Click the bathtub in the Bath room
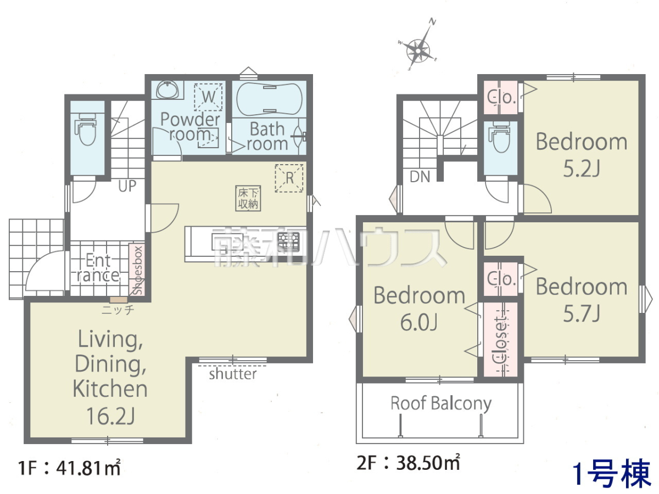[x=269, y=99]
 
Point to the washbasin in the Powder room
[x=167, y=89]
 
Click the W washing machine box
[x=208, y=97]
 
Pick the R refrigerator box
[x=289, y=178]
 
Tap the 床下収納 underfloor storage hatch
[x=248, y=198]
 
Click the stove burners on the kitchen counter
[x=288, y=242]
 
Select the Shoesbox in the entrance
[x=137, y=270]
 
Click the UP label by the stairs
[x=127, y=186]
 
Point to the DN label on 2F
[x=420, y=177]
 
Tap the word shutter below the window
[x=233, y=374]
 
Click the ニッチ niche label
[x=118, y=310]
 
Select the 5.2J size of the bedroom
[x=581, y=169]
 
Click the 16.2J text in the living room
[x=110, y=416]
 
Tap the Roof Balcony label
[x=441, y=403]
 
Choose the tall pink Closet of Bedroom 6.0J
[x=500, y=339]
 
